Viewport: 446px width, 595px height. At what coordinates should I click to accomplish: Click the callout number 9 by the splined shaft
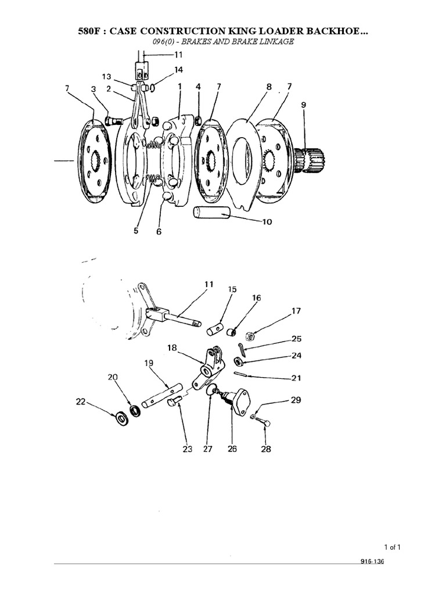pos(304,105)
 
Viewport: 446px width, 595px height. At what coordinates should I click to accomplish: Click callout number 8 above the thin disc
pos(268,87)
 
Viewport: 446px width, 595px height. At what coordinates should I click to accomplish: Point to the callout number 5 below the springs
pos(135,231)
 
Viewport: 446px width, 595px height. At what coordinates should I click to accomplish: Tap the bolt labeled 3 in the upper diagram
pos(114,121)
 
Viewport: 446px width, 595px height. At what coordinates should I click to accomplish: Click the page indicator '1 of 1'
pos(393,547)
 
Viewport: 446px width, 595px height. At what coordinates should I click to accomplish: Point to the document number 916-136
pos(372,562)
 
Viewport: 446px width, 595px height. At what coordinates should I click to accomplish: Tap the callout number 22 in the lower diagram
pos(81,401)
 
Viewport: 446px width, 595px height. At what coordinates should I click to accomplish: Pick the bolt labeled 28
pos(264,422)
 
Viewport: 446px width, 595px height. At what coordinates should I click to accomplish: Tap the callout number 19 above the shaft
pos(149,364)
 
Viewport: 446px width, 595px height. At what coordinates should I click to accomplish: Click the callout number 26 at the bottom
pos(232,449)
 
